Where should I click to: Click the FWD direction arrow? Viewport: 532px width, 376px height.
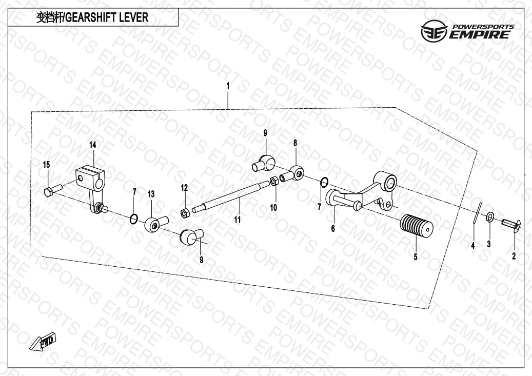(x=42, y=341)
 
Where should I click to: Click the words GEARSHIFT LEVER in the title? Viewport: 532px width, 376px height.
(x=107, y=17)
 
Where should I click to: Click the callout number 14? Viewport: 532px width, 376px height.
(x=93, y=145)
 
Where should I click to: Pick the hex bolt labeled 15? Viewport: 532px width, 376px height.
(x=53, y=189)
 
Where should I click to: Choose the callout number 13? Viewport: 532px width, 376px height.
(x=151, y=194)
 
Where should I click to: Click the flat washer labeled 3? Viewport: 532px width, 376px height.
(x=490, y=216)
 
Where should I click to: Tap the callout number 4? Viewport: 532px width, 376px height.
(x=473, y=246)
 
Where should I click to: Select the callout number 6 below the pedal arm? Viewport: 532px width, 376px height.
(x=333, y=228)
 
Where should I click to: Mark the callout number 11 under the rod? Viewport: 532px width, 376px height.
(x=238, y=220)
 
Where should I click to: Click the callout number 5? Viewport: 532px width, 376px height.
(x=416, y=257)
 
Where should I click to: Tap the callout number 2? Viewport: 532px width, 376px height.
(x=514, y=256)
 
